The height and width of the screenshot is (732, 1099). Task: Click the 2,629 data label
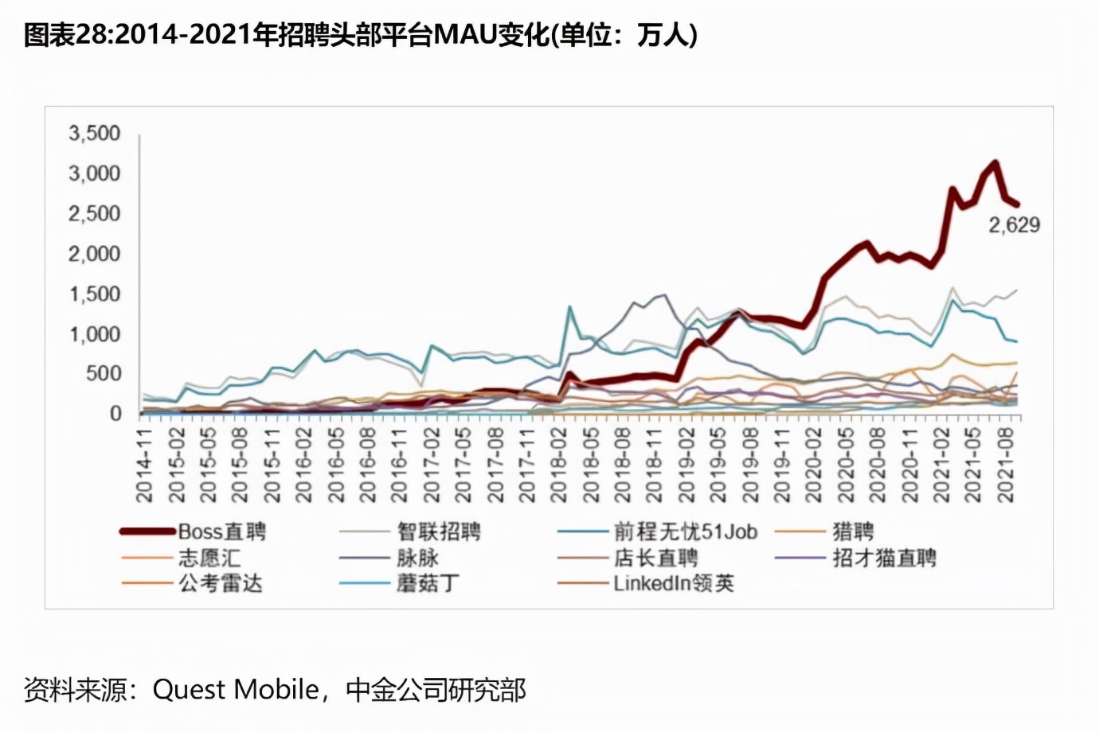tap(1014, 225)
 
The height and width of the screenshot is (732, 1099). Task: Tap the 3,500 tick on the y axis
tap(94, 133)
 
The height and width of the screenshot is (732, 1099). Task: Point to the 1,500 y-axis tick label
tap(94, 294)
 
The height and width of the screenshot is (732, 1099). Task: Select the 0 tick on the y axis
tap(115, 414)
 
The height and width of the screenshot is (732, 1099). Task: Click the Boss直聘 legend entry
tap(221, 531)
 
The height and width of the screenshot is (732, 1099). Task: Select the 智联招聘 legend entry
tap(439, 531)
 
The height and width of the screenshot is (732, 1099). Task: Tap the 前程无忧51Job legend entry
tap(685, 531)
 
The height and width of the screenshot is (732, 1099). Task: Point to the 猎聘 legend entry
tap(853, 531)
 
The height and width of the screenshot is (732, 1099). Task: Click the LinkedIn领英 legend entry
tap(673, 583)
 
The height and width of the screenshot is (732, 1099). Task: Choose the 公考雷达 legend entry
tap(220, 583)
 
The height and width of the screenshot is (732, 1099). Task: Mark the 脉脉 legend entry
tap(417, 558)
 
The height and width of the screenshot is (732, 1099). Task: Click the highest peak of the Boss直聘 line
tap(995, 164)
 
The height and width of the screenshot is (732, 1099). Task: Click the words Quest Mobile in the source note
tap(235, 689)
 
